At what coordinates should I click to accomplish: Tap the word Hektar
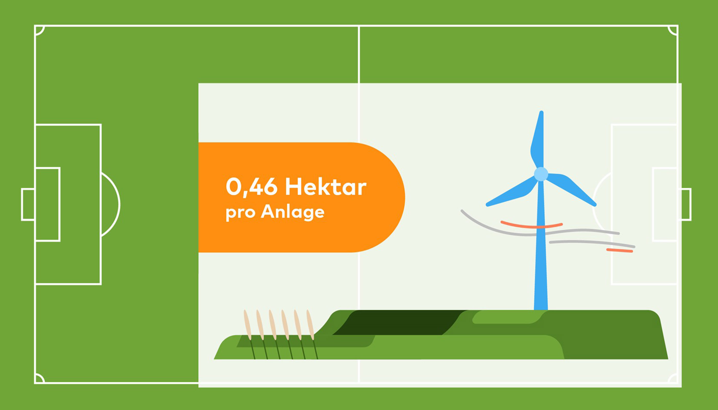coord(326,186)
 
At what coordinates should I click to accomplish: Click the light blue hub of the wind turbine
coord(541,174)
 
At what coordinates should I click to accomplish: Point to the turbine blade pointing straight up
coord(538,139)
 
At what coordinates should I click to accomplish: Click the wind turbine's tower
coord(541,245)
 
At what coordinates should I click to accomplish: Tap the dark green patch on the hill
coord(397,322)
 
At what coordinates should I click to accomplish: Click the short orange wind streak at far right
coord(620,250)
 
